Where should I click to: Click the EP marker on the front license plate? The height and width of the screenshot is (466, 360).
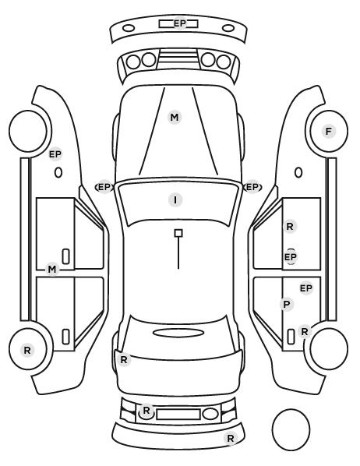point(179,23)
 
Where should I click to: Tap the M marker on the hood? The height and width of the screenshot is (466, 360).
point(175,118)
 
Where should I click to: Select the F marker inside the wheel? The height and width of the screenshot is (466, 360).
point(329,131)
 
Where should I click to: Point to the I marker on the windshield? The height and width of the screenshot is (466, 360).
point(175,199)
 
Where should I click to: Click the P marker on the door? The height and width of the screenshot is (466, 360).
point(287,305)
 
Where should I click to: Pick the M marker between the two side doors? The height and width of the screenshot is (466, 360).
point(52,270)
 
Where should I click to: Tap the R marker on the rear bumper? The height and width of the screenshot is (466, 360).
point(231,439)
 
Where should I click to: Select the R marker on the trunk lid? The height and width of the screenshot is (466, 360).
point(124,359)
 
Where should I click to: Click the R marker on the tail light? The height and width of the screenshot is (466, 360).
point(146,411)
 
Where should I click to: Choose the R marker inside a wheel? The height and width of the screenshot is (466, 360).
point(27,350)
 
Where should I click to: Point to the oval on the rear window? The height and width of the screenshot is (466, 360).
point(178,333)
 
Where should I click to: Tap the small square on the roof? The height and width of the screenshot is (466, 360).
point(178,233)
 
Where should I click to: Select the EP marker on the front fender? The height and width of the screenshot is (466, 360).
point(55,154)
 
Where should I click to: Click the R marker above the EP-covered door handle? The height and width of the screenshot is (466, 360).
point(290,227)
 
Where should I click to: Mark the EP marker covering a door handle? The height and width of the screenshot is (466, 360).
point(291,256)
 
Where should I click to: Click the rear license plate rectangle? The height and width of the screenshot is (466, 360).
point(178,414)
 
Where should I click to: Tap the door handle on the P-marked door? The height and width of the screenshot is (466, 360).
point(291,337)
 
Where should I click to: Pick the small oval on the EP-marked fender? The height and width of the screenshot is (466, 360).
point(58,173)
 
